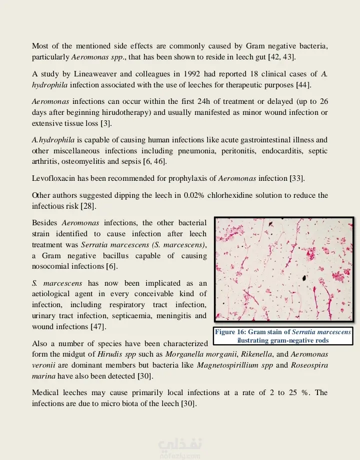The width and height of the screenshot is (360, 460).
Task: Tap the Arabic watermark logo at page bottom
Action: (173, 446)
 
